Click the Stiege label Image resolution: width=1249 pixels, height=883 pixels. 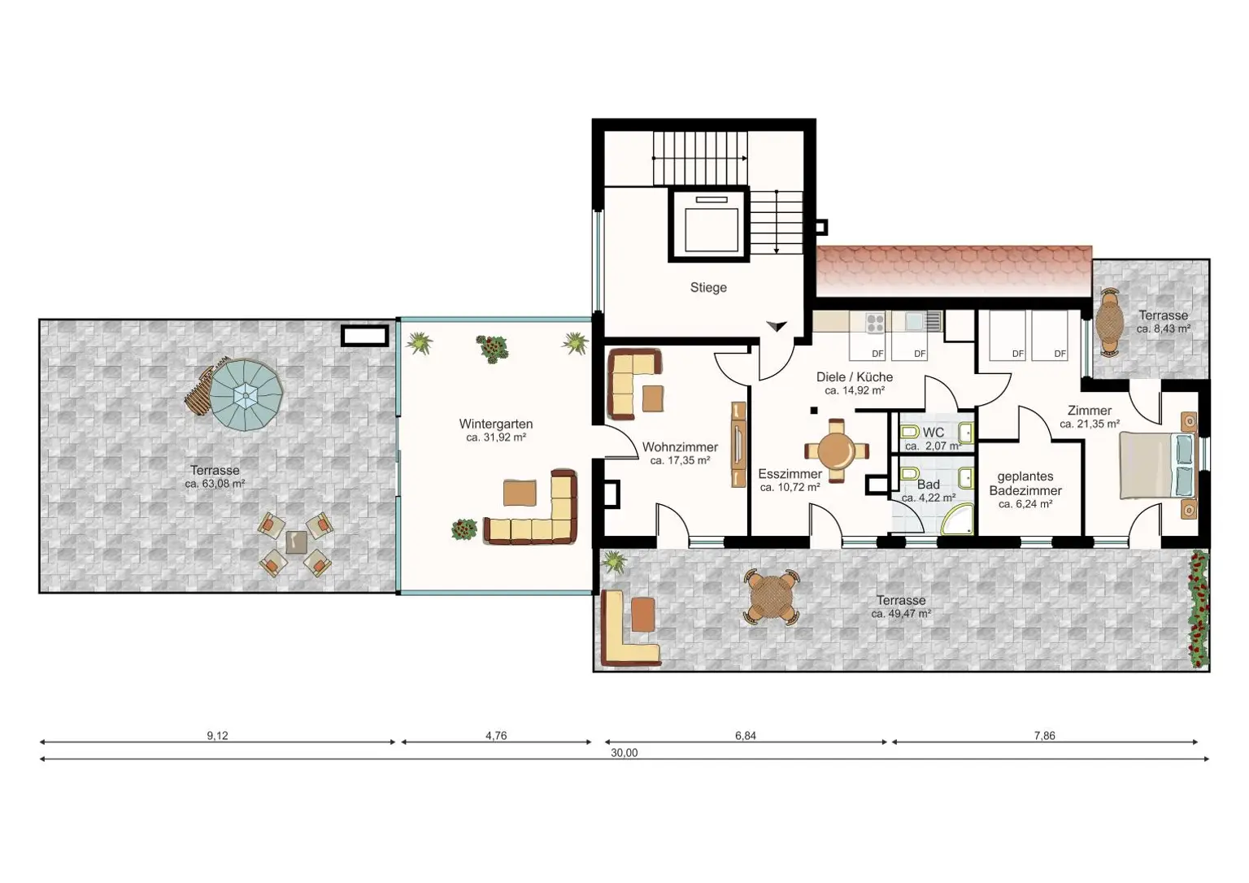tap(707, 288)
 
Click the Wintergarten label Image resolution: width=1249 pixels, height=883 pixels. tap(495, 424)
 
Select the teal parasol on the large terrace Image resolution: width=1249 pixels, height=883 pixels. tap(245, 396)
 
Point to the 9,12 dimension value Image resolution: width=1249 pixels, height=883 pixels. tap(217, 736)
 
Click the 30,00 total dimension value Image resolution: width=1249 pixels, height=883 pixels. tap(624, 753)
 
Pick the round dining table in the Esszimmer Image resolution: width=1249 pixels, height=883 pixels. tap(836, 450)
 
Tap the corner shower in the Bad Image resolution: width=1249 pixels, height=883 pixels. tap(958, 520)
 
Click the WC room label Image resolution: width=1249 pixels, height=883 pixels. tap(933, 433)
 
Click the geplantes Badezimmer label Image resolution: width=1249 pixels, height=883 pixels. tap(1025, 484)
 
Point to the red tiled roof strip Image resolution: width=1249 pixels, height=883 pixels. tap(953, 271)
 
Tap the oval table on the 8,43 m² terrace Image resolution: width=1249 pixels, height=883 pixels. tap(1110, 324)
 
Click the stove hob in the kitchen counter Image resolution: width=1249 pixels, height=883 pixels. tap(874, 323)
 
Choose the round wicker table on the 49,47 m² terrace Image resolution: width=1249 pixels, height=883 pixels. tap(771, 598)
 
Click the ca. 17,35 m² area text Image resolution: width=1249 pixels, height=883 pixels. tap(680, 461)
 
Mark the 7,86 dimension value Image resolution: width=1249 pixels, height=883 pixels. tap(1044, 736)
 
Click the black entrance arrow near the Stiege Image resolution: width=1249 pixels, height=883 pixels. tap(777, 325)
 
